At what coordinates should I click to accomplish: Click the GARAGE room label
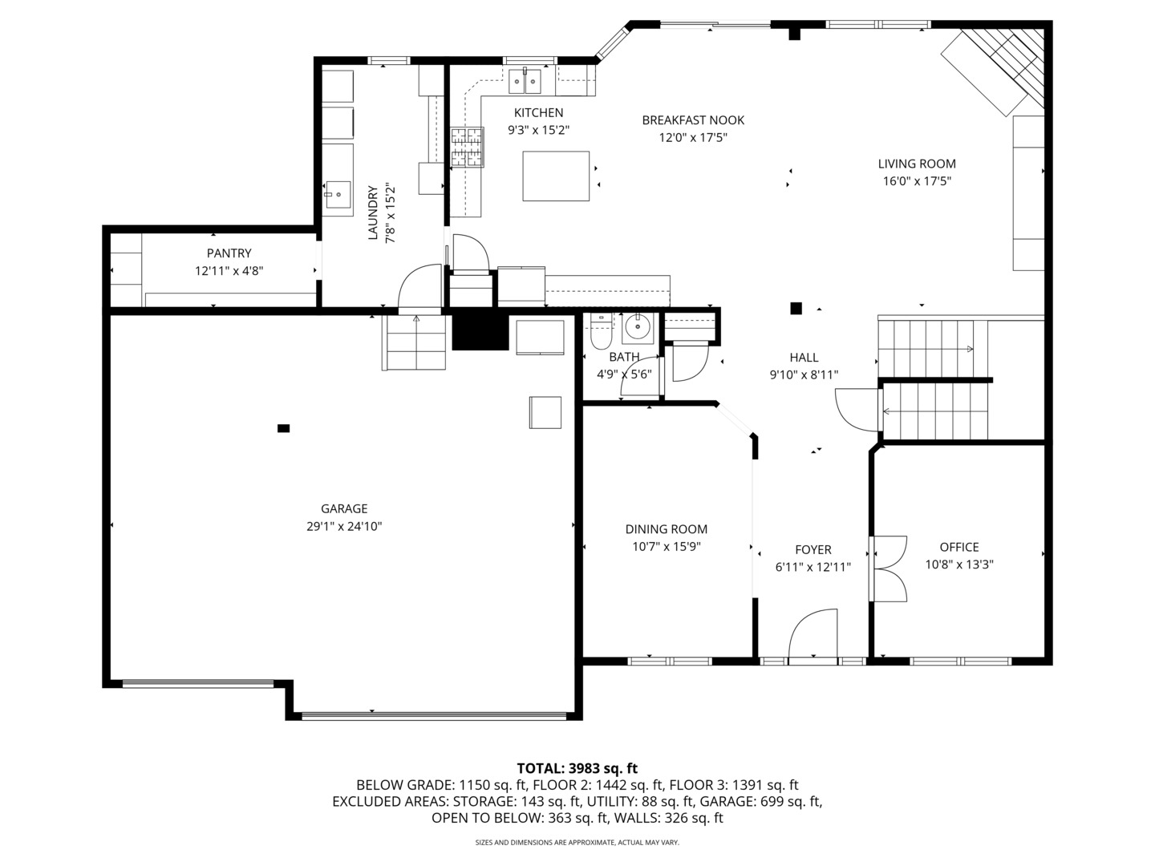click(344, 508)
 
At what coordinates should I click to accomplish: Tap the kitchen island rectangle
click(556, 176)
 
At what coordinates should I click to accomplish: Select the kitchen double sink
click(526, 81)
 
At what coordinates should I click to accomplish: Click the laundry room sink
click(338, 193)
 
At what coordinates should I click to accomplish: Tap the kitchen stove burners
click(468, 148)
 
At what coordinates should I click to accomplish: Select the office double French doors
click(889, 568)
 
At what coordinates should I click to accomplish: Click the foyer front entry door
click(813, 636)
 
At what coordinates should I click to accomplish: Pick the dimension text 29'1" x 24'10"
click(344, 527)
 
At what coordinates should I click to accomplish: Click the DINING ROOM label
click(667, 529)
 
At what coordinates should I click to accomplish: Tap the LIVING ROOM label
click(917, 164)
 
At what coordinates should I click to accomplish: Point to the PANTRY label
click(229, 253)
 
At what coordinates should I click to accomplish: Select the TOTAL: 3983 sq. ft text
click(577, 769)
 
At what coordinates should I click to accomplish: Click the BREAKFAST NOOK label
click(693, 120)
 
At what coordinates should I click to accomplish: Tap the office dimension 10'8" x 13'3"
click(959, 565)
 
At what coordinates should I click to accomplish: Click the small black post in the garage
click(283, 428)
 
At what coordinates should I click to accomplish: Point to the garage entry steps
click(415, 342)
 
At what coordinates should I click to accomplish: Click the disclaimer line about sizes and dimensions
click(577, 843)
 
